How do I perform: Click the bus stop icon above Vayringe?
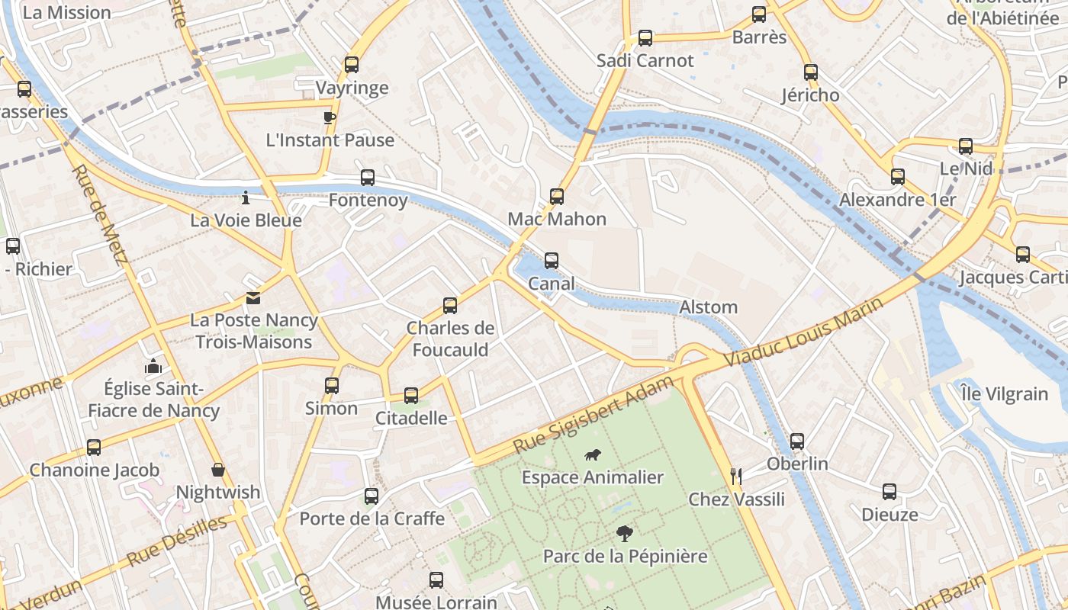click(351, 65)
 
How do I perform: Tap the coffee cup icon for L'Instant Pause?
click(329, 117)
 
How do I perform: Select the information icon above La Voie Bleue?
click(245, 197)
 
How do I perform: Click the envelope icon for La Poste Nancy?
click(253, 298)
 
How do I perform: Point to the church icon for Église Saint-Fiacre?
click(153, 366)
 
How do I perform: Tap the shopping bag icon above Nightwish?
click(218, 470)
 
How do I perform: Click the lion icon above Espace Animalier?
click(592, 455)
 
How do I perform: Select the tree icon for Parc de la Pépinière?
click(624, 533)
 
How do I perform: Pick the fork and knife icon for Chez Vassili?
click(736, 477)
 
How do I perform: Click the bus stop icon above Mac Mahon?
click(557, 197)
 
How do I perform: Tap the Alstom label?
click(709, 307)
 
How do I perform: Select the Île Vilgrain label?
click(1005, 394)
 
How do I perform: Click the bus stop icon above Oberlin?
click(797, 441)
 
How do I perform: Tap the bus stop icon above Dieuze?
click(889, 492)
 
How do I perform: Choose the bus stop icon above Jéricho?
click(810, 72)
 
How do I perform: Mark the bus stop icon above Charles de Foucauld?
click(450, 306)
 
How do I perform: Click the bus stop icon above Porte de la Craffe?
click(372, 496)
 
